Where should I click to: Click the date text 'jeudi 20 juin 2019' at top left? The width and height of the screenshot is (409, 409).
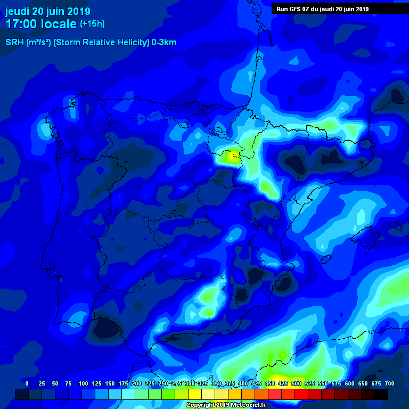click(48, 11)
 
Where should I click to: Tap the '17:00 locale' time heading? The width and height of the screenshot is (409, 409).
click(41, 24)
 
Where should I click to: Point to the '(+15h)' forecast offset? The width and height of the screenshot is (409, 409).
click(92, 24)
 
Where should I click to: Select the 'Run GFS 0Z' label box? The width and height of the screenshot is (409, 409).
click(323, 9)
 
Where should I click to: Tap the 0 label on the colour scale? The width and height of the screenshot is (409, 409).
click(27, 383)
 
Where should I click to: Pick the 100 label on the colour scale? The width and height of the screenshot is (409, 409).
click(83, 383)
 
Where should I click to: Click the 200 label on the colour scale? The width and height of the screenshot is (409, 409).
click(136, 383)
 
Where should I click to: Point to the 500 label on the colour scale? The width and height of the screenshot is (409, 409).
click(296, 383)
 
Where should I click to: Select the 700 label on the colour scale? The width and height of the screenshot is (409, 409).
click(389, 383)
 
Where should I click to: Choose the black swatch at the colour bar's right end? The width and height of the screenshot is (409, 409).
click(381, 395)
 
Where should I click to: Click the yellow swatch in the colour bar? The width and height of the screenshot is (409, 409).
click(195, 395)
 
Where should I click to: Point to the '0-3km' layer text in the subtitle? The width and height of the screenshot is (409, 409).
click(163, 43)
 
